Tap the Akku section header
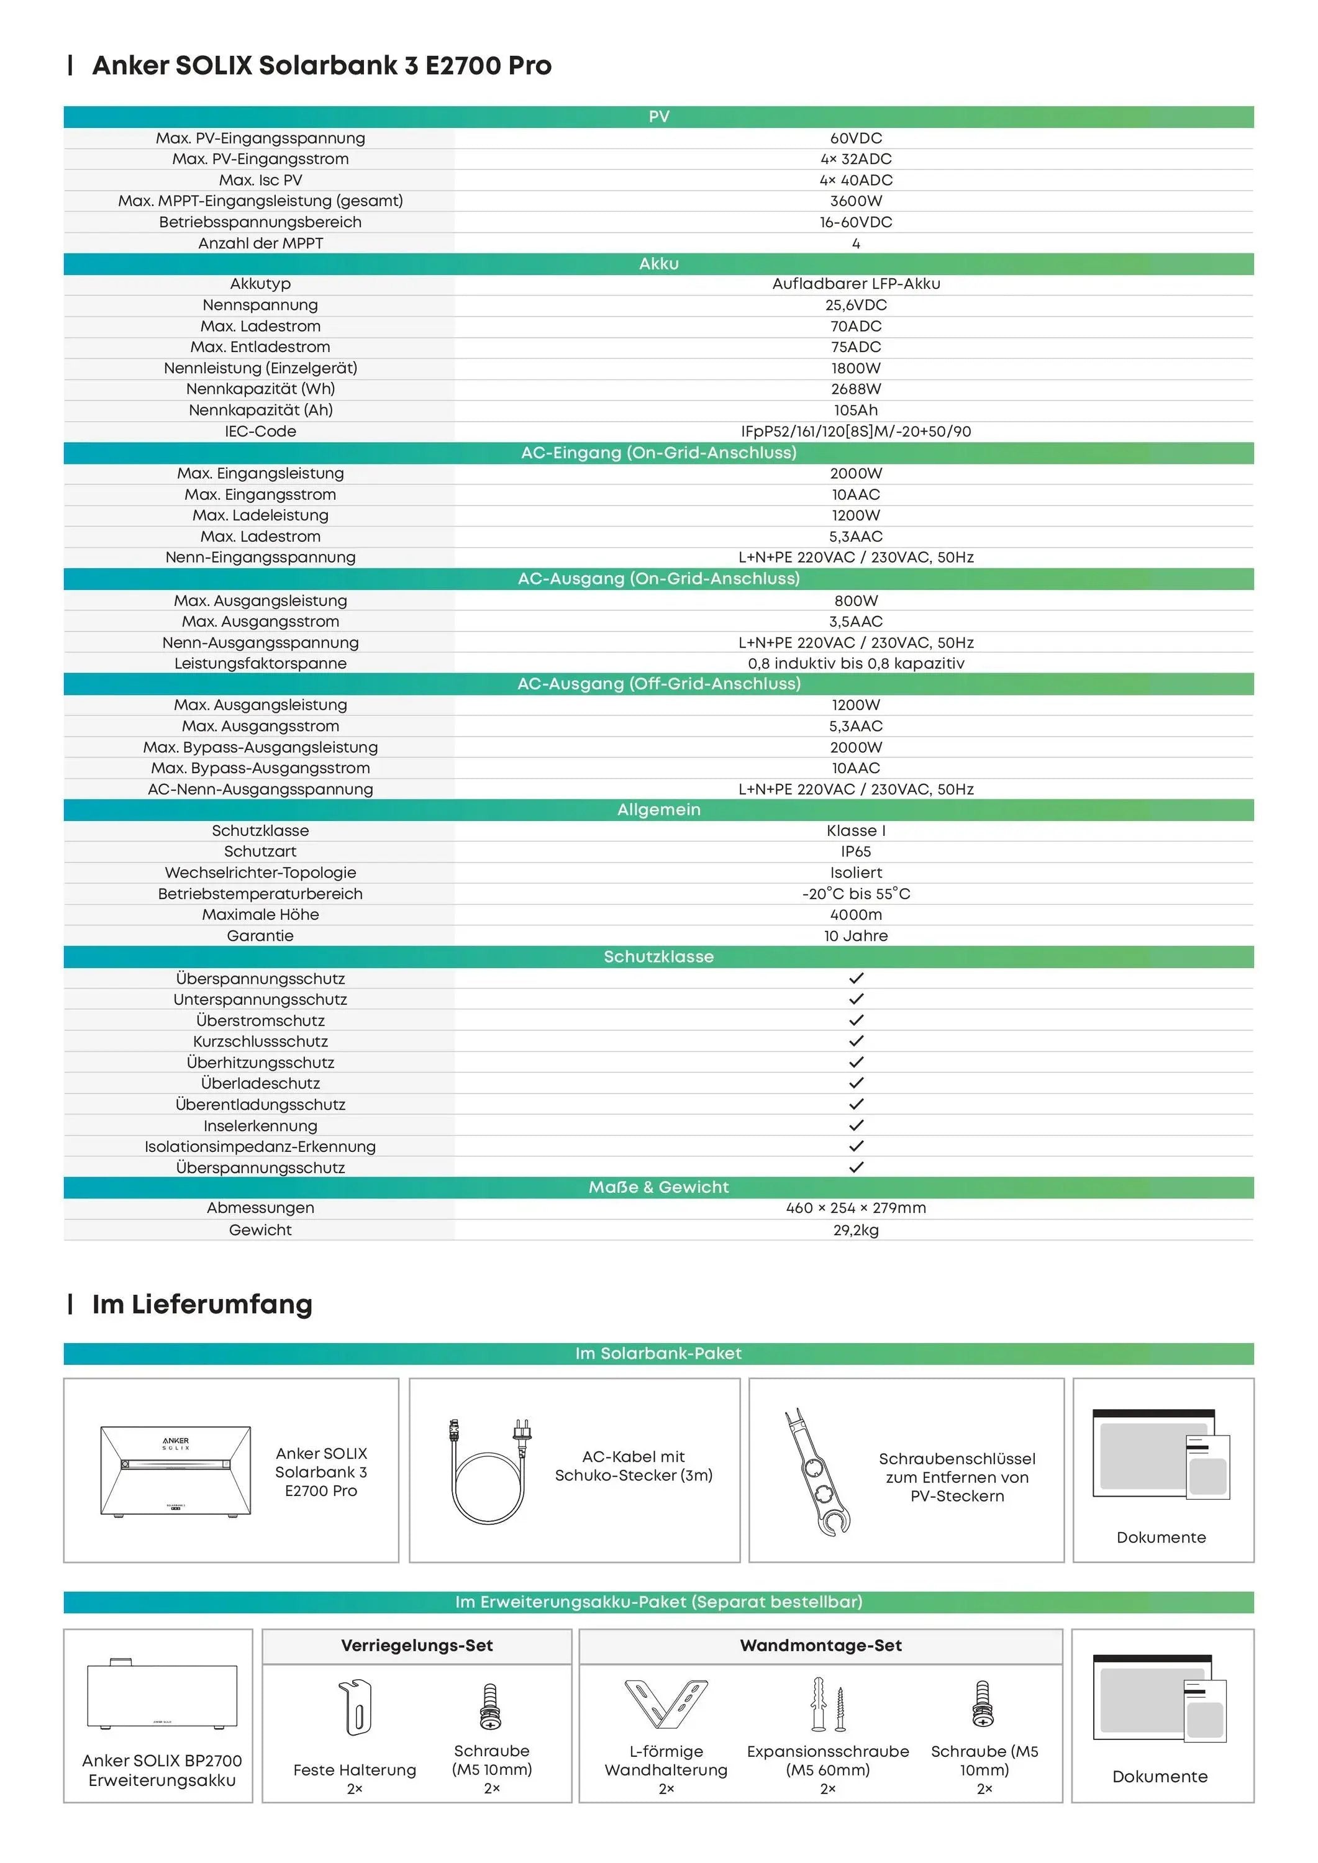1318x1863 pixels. (658, 264)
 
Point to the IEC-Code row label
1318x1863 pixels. (260, 432)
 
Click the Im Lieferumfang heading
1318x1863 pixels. (202, 1305)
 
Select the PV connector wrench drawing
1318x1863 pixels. (816, 1473)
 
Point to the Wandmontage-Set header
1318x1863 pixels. (820, 1646)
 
